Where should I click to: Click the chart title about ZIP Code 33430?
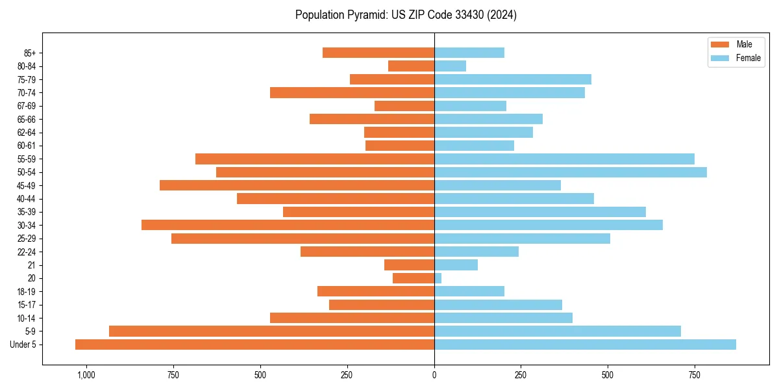pyautogui.click(x=406, y=15)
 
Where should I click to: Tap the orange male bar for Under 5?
pyautogui.click(x=254, y=344)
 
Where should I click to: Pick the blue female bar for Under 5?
pyautogui.click(x=585, y=344)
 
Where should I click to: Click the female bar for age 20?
pyautogui.click(x=438, y=278)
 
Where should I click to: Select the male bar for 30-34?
pyautogui.click(x=288, y=225)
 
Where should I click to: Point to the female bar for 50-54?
pyautogui.click(x=571, y=172)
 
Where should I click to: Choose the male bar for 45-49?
pyautogui.click(x=297, y=185)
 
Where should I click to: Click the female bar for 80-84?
pyautogui.click(x=450, y=66)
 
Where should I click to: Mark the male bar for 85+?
pyautogui.click(x=378, y=53)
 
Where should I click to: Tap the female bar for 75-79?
pyautogui.click(x=513, y=79)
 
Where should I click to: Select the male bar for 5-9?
pyautogui.click(x=271, y=331)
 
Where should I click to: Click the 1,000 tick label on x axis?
pyautogui.click(x=86, y=375)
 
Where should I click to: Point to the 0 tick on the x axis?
pyautogui.click(x=434, y=375)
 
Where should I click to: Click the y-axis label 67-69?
pyautogui.click(x=27, y=106)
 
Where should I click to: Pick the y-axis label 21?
pyautogui.click(x=31, y=265)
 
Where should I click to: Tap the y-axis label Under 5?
pyautogui.click(x=23, y=344)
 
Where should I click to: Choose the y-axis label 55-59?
pyautogui.click(x=27, y=159)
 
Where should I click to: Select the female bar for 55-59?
pyautogui.click(x=564, y=159)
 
